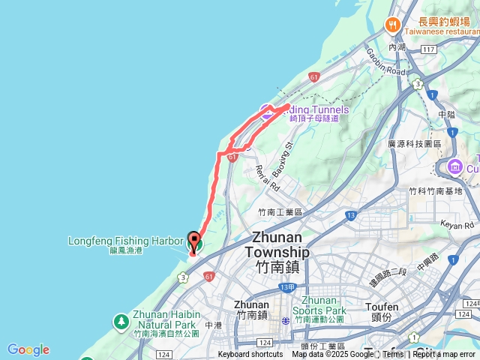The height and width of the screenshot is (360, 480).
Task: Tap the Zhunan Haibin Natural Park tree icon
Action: point(120,321)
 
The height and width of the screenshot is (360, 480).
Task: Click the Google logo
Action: point(28,349)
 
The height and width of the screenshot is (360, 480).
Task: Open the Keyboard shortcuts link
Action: point(250,355)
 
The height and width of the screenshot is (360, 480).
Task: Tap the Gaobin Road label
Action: point(385,62)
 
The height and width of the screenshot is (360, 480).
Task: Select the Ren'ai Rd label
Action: point(267,177)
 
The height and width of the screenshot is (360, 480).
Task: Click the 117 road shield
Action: point(428,49)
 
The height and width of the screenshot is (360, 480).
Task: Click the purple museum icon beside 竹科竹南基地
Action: point(454,166)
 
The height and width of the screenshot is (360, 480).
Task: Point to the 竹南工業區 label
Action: point(280,213)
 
